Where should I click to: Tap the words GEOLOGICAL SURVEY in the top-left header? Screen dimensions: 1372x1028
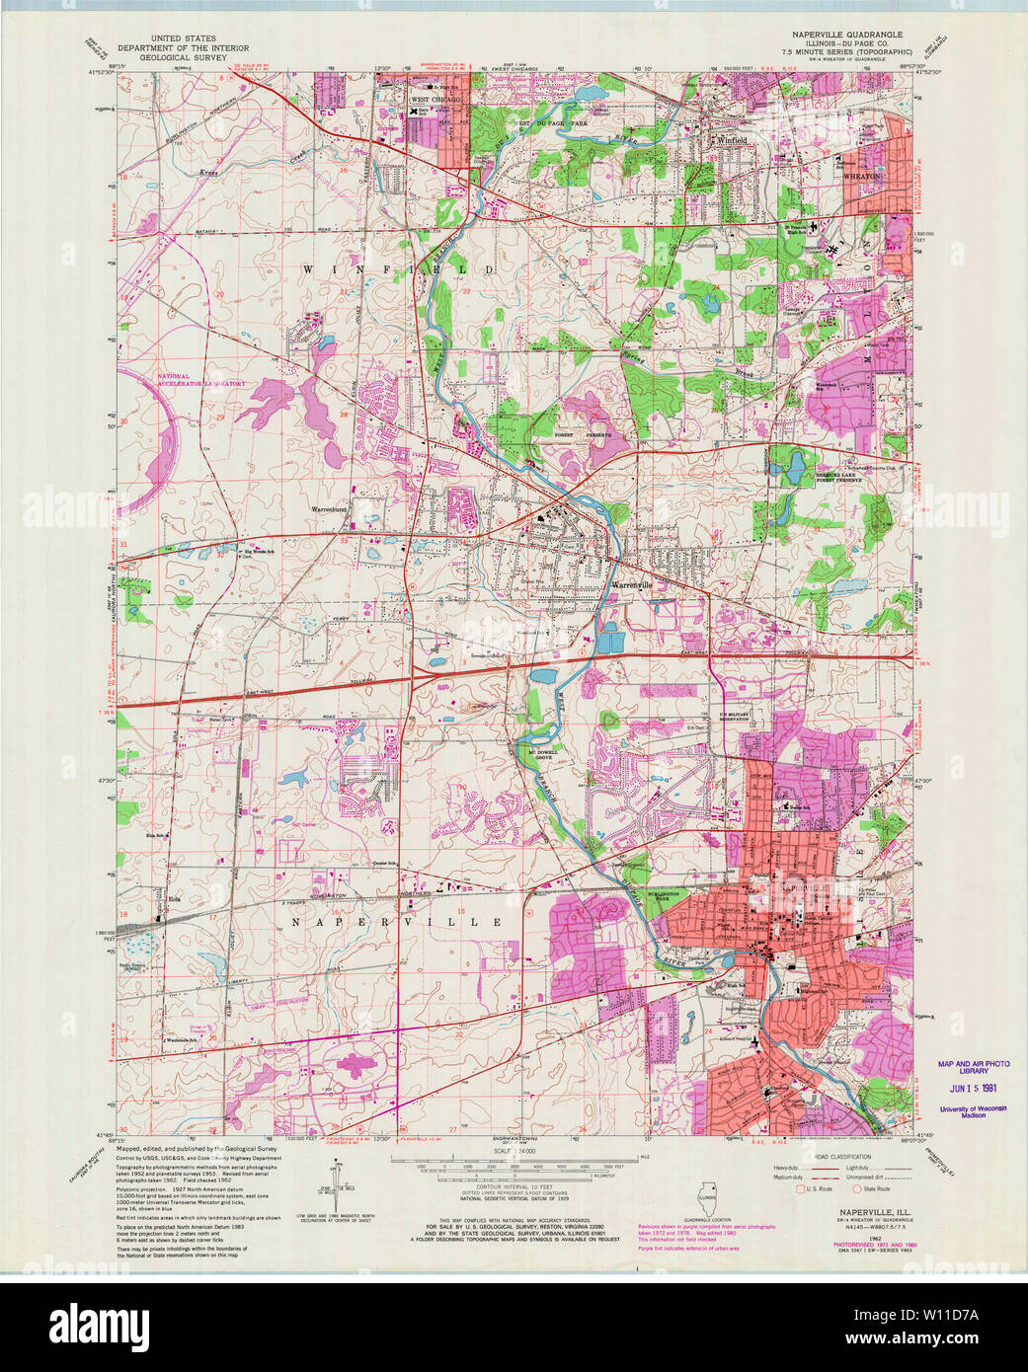click(x=183, y=57)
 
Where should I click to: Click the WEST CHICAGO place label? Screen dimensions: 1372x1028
click(x=435, y=101)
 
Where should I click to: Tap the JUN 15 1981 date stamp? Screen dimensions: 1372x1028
click(x=973, y=1088)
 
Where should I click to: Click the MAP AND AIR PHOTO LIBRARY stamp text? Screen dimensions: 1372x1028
click(x=974, y=1067)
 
